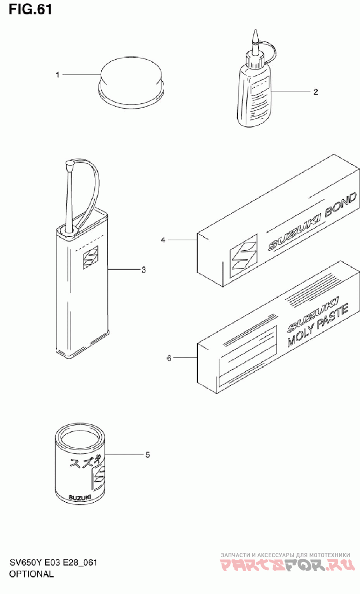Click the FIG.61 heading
(x=30, y=10)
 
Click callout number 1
(x=58, y=75)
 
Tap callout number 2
(x=315, y=92)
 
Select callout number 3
(x=144, y=270)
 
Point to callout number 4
(x=163, y=240)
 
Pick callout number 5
(x=148, y=455)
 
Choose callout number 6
(x=169, y=358)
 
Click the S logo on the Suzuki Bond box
(x=243, y=256)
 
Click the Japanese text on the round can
(x=85, y=463)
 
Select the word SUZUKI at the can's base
(x=80, y=497)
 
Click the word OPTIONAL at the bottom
(x=31, y=574)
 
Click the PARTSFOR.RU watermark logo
(x=288, y=566)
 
